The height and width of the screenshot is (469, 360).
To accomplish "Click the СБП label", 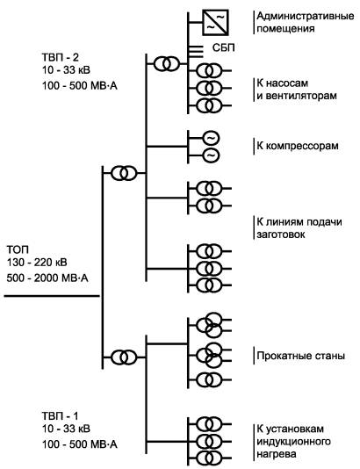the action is click(224, 47).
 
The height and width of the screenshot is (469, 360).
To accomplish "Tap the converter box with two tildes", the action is click(216, 23).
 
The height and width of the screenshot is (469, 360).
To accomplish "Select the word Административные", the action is click(306, 16).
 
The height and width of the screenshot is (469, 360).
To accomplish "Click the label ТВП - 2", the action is click(60, 57).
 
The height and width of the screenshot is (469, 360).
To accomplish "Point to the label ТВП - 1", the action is click(60, 415).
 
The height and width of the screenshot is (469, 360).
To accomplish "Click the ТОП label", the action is click(18, 249).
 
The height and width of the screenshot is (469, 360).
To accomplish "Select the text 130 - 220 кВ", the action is click(37, 263).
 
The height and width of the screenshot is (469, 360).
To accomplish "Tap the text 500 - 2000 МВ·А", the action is click(47, 278).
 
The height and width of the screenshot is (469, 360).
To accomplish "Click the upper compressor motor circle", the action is click(211, 138).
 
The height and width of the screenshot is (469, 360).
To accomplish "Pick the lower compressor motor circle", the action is click(211, 155).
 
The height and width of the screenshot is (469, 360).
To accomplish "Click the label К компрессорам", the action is click(298, 146).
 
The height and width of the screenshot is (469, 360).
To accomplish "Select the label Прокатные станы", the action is click(301, 356).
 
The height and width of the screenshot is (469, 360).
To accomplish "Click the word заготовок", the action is click(281, 234).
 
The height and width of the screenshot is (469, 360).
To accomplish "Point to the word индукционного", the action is click(293, 442).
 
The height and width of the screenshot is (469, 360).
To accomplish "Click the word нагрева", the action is click(277, 454).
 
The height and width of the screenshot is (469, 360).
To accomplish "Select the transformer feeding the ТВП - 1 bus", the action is click(124, 357).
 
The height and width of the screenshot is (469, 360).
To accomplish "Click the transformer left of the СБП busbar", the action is click(167, 63).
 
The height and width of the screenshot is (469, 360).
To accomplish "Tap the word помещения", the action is click(285, 29).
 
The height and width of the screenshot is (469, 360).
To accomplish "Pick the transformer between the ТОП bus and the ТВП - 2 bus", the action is click(124, 173).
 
